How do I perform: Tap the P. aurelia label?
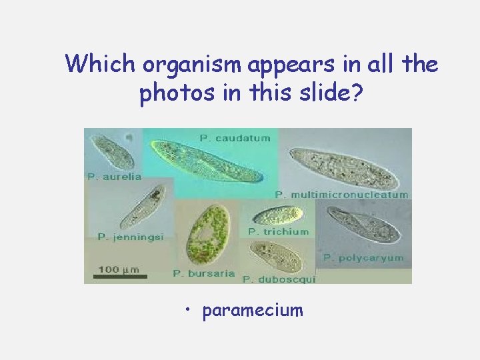pyautogui.click(x=114, y=177)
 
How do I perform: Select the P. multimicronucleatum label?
pyautogui.click(x=342, y=195)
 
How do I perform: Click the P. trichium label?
pyautogui.click(x=279, y=231)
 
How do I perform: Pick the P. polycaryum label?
pyautogui.click(x=363, y=257)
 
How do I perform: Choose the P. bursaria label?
pyautogui.click(x=204, y=273)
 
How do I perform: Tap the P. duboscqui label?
pyautogui.click(x=279, y=279)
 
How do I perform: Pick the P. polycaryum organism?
pyautogui.click(x=364, y=226)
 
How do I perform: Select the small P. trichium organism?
pyautogui.click(x=279, y=215)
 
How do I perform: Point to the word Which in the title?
pyautogui.click(x=100, y=65)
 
